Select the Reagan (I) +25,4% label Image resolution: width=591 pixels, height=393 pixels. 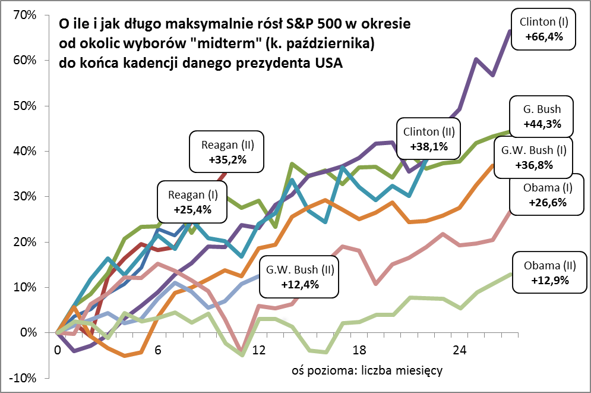[x=192, y=201]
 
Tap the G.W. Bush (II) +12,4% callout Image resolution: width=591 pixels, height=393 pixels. [x=301, y=276]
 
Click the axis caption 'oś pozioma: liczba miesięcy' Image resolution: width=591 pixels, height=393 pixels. [x=367, y=370]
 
